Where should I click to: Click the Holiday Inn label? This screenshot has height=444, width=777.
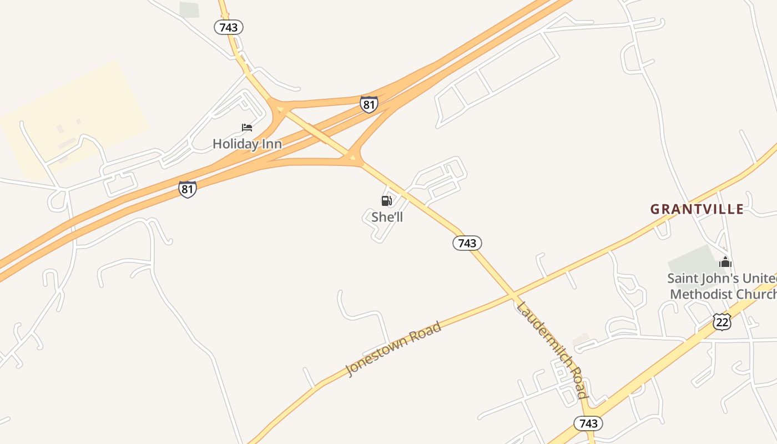[247, 144]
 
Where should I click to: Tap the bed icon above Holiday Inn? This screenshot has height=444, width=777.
[247, 128]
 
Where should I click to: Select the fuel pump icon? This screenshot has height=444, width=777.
[386, 201]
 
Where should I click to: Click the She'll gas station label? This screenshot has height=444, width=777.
[387, 217]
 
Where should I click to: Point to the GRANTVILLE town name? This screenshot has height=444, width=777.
[697, 209]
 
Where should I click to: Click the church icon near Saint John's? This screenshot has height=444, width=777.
[725, 262]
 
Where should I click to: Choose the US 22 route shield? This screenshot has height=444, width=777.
[722, 322]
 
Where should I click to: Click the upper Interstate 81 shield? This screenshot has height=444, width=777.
[369, 104]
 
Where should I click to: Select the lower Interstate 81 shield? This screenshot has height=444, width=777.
[188, 189]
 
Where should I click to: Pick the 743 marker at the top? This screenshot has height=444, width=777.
[228, 27]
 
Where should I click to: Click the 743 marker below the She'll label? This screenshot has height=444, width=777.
[467, 243]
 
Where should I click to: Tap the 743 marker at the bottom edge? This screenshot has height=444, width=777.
[588, 423]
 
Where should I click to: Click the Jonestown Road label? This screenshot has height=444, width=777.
[393, 349]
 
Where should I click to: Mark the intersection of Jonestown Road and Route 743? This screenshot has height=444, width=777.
[514, 295]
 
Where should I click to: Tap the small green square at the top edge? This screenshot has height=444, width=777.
[189, 9]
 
